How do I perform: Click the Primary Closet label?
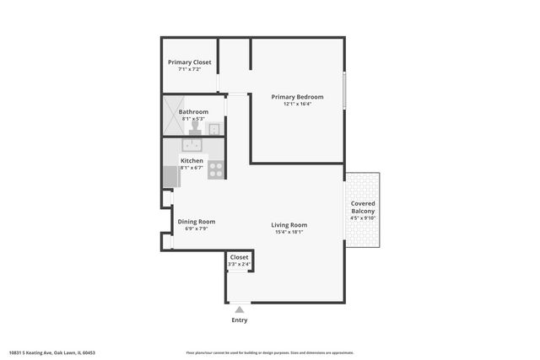point(190,62)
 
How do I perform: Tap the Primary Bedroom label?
point(297,97)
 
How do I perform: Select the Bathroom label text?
point(193,112)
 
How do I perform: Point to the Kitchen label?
point(192,160)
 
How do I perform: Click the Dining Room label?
point(191,221)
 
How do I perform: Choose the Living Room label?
point(289,225)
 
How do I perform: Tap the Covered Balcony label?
point(363,207)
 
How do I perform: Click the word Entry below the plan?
point(240,320)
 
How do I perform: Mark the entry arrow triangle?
point(240,309)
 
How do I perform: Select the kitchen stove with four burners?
point(216,169)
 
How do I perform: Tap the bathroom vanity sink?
point(215,129)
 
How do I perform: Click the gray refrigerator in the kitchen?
point(170,178)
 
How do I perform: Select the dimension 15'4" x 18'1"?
point(289,233)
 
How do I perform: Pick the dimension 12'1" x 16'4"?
point(297,105)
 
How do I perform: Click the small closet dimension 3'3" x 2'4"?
point(239,265)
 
